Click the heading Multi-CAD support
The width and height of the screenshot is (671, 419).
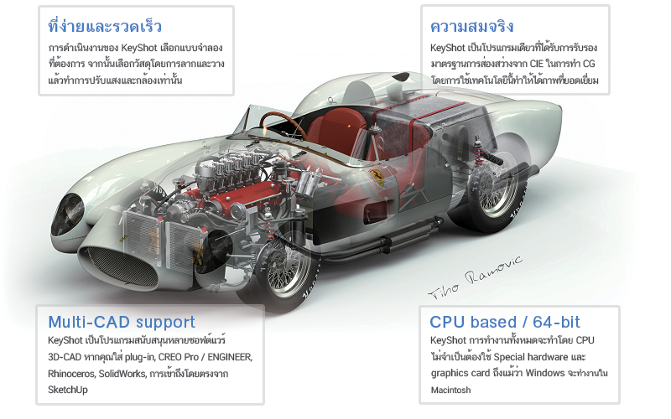point(122,323)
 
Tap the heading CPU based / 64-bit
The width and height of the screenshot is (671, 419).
point(505,322)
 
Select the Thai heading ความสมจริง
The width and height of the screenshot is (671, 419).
point(472,27)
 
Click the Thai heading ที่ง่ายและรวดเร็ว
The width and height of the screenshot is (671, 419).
point(105,26)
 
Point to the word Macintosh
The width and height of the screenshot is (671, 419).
point(450,390)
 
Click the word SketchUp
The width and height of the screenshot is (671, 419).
point(68,390)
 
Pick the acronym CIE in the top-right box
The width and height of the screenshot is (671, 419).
point(536,64)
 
